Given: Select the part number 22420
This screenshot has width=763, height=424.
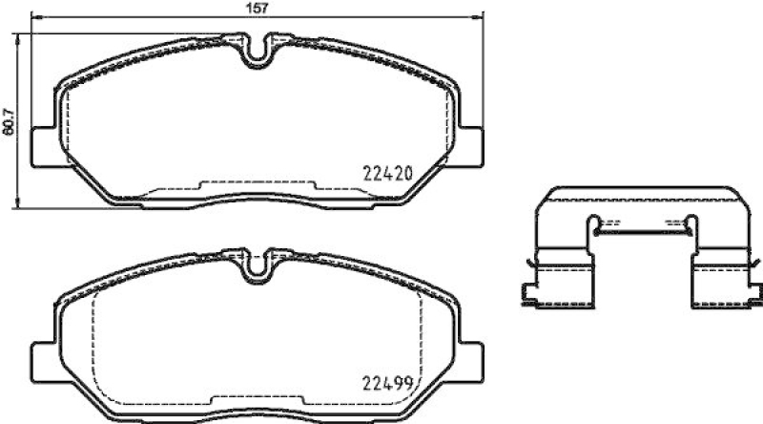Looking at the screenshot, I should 388,174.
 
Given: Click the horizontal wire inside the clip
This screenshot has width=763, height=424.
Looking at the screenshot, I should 638,229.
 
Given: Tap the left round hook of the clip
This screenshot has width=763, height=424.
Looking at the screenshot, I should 595,226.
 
